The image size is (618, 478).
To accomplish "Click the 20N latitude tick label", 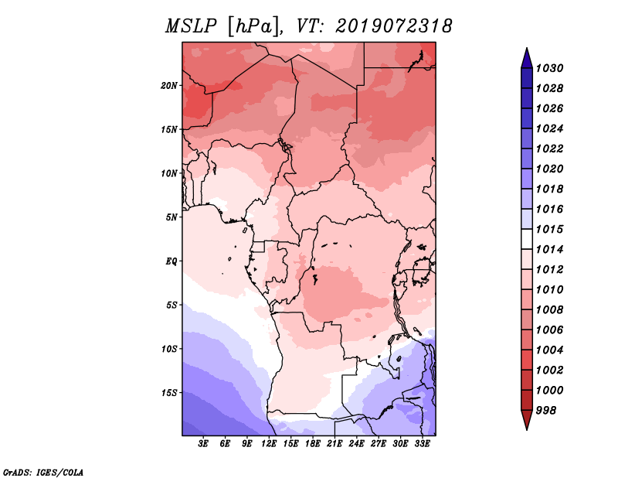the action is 169,86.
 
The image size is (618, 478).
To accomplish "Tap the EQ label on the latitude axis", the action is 171,261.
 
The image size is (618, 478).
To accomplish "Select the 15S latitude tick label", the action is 169,393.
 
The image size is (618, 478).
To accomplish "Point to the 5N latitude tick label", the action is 171,217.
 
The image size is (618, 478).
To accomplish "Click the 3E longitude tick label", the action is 203,444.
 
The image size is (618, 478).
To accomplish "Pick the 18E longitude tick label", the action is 313,444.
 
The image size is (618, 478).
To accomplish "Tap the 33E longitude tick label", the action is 422,444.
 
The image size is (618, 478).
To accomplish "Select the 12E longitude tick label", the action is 269,444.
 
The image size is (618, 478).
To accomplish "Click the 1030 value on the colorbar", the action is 549,68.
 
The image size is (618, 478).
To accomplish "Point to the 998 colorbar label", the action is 546,411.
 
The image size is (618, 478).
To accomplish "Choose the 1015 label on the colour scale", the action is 549,229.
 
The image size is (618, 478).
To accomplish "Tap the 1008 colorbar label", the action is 549,310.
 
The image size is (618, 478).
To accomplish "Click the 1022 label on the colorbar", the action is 549,149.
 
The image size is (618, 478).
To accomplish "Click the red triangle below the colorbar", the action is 527,419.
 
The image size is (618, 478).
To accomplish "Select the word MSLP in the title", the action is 191,26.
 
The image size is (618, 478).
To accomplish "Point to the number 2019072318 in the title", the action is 394,26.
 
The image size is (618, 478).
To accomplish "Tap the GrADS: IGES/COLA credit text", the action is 43,472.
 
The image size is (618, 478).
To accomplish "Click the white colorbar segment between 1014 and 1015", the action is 527,239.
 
